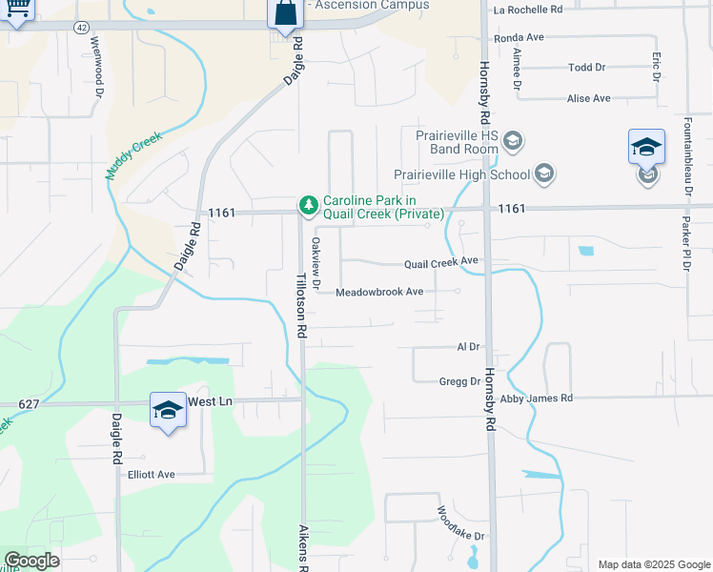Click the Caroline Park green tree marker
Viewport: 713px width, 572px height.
coord(308,205)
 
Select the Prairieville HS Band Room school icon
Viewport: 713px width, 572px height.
coord(513,142)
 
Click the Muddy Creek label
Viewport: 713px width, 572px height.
coord(134,156)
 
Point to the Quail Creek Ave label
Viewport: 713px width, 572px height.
coord(440,261)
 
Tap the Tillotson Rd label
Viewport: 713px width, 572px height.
coord(300,304)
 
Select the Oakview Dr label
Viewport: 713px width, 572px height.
coord(316,262)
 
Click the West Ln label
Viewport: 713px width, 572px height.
coord(210,402)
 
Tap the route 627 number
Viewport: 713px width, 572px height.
coord(29,404)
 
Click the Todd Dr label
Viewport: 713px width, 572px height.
coord(586,68)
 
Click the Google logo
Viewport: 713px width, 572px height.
coord(31,561)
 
